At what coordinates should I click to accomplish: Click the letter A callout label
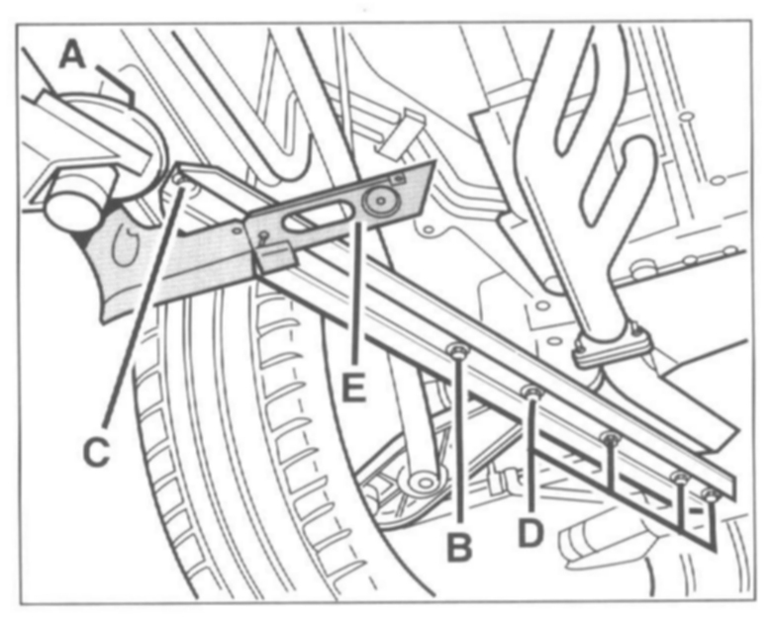72,55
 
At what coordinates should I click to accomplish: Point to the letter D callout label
532,533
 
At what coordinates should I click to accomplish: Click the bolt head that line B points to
458,350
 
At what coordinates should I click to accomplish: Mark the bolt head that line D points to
532,393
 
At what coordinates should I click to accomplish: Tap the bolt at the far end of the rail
710,491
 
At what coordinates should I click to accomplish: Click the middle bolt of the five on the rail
610,436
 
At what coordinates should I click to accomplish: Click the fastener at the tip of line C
179,179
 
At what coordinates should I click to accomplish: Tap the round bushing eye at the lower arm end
424,483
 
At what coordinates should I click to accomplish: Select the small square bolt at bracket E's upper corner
398,179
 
